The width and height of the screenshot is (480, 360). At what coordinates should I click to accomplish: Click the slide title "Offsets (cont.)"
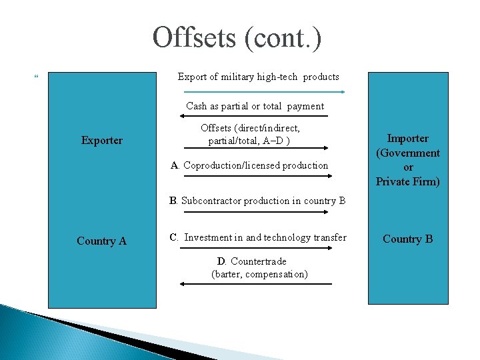(x=237, y=38)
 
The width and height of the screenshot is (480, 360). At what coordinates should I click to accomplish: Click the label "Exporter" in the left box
(x=102, y=140)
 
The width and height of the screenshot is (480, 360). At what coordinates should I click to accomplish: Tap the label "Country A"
(x=101, y=241)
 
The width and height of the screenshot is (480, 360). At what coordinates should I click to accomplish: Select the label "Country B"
(x=407, y=239)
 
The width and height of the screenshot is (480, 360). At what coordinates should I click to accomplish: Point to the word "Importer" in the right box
(x=407, y=138)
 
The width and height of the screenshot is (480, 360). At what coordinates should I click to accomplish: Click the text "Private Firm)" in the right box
(x=407, y=181)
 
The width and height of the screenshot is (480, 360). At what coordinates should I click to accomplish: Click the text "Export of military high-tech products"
(x=258, y=77)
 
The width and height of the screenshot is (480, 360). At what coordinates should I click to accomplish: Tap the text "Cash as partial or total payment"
(x=255, y=106)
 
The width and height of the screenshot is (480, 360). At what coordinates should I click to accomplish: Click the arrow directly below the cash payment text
(x=255, y=117)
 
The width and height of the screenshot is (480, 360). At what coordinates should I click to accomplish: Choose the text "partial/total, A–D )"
(x=249, y=141)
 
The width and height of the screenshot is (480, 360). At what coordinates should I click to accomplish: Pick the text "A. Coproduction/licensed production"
(x=249, y=165)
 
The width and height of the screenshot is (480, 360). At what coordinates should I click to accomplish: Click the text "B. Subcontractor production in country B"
(x=257, y=200)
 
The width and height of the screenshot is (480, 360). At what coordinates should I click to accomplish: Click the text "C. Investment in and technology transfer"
(x=258, y=237)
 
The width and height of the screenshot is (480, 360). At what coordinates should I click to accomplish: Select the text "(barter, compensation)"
(x=259, y=273)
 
